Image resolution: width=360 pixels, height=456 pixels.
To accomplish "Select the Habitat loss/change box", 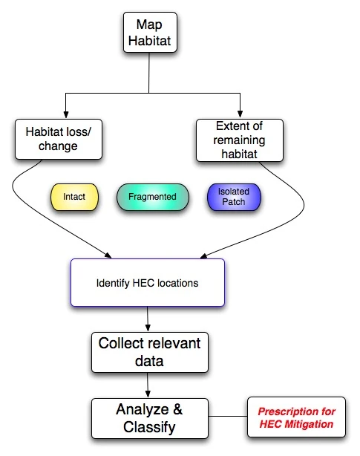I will [x=57, y=139].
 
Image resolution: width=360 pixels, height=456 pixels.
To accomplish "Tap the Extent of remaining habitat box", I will [x=239, y=140].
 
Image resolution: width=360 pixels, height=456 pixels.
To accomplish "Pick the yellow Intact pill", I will [x=73, y=198].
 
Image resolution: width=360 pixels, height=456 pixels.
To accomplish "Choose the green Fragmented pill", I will [x=152, y=198].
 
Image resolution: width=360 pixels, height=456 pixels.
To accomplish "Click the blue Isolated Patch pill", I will [x=234, y=197].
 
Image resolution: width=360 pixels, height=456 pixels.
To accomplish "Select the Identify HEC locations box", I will [x=147, y=283].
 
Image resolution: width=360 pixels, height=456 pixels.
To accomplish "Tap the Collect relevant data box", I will [x=149, y=352].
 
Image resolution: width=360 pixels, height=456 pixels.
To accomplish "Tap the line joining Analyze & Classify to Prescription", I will [x=226, y=417].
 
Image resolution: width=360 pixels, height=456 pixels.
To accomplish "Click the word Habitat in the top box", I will [x=149, y=42].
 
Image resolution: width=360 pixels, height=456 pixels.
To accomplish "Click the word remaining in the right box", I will [x=239, y=140].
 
